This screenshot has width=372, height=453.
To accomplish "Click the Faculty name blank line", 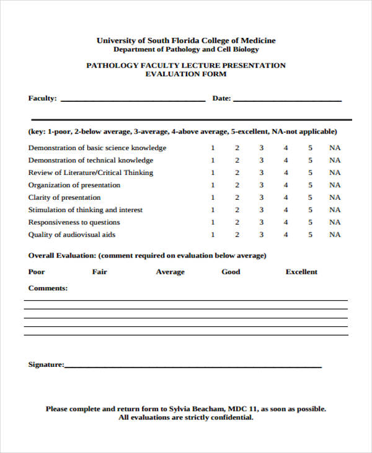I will [133, 99].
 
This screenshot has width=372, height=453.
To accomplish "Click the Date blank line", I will [287, 99].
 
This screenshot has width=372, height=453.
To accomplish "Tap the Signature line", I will [193, 366].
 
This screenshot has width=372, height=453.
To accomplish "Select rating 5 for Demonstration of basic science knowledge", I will [311, 148].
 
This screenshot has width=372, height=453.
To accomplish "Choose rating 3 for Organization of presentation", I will [261, 185].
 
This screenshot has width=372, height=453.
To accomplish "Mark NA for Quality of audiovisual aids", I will [335, 235].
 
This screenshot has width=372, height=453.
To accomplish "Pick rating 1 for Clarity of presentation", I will [213, 197].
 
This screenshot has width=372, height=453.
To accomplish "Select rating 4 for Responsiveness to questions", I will [286, 222].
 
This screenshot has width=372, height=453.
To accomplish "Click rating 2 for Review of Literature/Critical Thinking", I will [237, 173].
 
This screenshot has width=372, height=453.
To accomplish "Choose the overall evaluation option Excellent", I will [301, 272].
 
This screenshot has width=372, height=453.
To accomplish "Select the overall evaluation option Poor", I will [37, 272].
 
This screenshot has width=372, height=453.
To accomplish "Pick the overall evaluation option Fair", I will [100, 272].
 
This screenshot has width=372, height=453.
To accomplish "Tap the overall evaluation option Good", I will [231, 272].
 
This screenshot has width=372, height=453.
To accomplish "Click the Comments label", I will [48, 288].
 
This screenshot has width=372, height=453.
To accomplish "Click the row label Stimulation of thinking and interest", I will [86, 210].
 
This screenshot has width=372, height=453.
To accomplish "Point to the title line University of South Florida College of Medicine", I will [186, 40].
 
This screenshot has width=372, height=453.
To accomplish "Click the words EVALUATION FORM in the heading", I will [186, 74].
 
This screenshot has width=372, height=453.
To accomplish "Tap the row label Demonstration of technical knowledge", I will [91, 160].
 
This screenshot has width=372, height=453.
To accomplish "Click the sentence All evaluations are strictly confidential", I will [186, 418].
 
